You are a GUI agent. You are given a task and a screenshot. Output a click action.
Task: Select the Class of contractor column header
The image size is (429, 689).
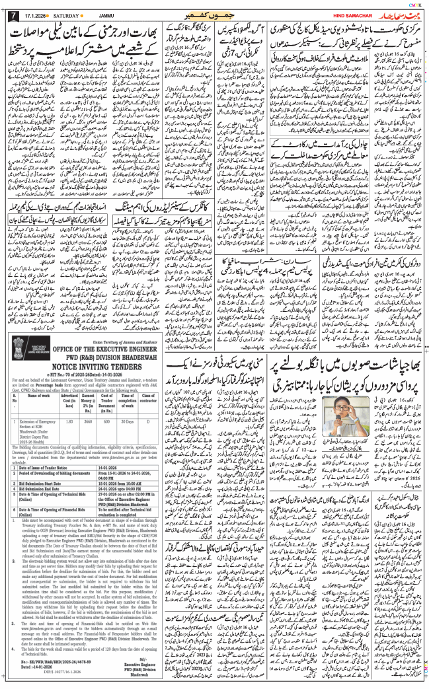coord(146,437)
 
